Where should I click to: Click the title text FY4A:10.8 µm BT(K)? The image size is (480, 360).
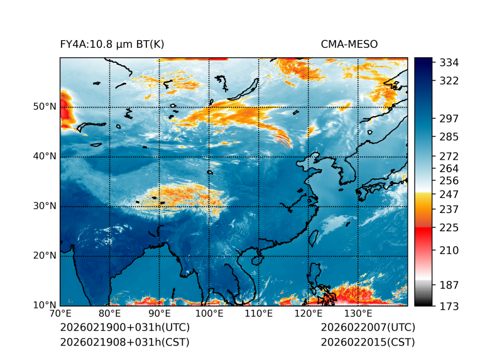(x=112, y=44)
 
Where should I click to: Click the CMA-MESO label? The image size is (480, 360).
(x=349, y=44)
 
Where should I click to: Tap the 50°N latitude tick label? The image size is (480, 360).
(x=45, y=107)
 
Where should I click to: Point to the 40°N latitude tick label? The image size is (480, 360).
(x=45, y=156)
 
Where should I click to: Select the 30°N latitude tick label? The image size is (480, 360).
(x=45, y=206)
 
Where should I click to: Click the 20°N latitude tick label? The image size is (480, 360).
(x=45, y=256)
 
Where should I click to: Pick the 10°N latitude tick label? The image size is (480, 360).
(x=45, y=305)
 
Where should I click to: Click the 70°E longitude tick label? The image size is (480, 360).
(x=60, y=314)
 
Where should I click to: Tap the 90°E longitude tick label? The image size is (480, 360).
(x=160, y=314)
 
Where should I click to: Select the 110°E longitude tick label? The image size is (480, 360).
(x=259, y=314)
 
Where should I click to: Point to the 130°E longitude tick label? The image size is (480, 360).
(x=358, y=314)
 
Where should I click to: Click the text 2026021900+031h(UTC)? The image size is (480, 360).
(x=124, y=328)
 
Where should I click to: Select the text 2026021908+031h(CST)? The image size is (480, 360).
(x=124, y=342)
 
